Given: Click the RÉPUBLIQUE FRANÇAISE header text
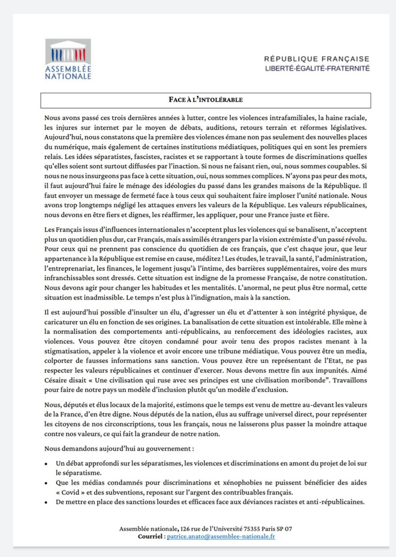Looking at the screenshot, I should tap(317, 59).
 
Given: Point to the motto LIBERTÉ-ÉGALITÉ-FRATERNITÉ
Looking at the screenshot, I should tap(317, 68).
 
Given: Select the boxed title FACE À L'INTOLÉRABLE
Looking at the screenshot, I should tap(206, 100).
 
